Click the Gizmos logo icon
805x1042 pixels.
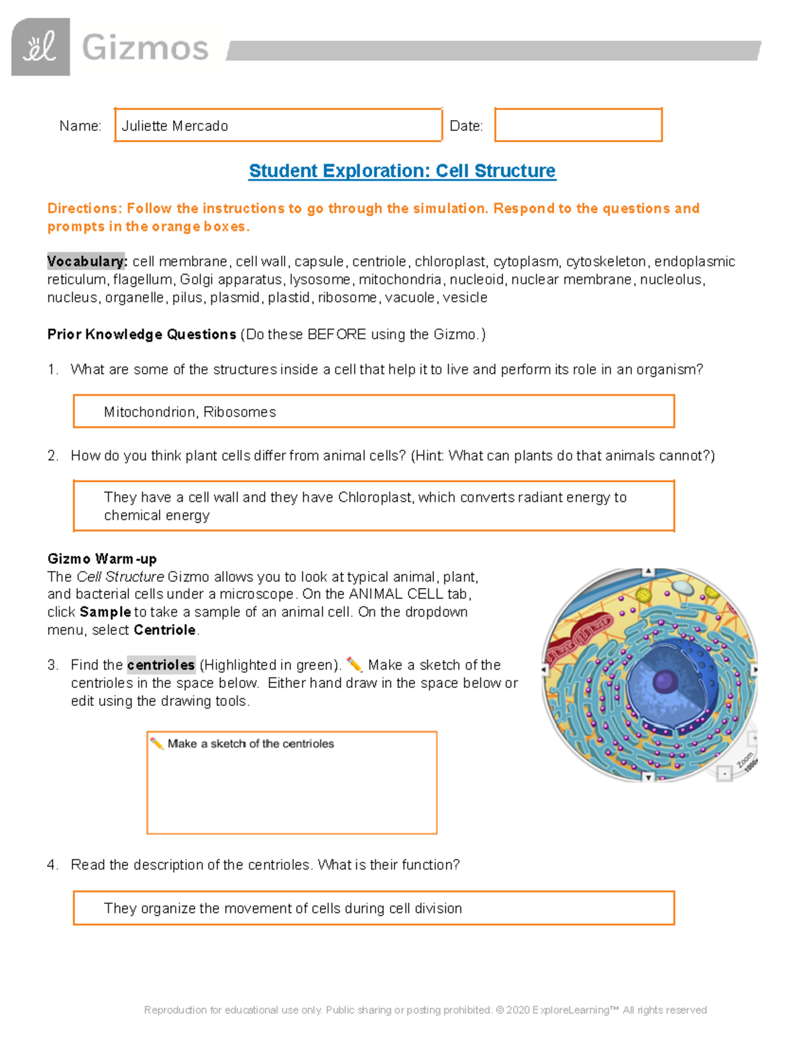pyautogui.click(x=40, y=47)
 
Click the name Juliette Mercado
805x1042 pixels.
pyautogui.click(x=174, y=126)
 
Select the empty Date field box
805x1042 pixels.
pyautogui.click(x=578, y=125)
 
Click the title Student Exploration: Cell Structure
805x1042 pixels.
pyautogui.click(x=402, y=171)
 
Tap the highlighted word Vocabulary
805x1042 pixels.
pyautogui.click(x=86, y=262)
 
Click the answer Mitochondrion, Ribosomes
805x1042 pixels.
pyautogui.click(x=190, y=412)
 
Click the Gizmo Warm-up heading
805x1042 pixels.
pyautogui.click(x=102, y=559)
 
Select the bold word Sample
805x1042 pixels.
pyautogui.click(x=105, y=612)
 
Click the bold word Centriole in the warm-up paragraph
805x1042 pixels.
pyautogui.click(x=165, y=630)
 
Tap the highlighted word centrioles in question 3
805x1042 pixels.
pyautogui.click(x=161, y=665)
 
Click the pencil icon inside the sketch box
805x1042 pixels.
pyautogui.click(x=157, y=743)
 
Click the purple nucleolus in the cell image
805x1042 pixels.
pyautogui.click(x=664, y=681)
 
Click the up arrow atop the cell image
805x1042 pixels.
pyautogui.click(x=648, y=572)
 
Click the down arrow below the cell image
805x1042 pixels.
pyautogui.click(x=648, y=777)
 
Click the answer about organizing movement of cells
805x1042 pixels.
pyautogui.click(x=282, y=908)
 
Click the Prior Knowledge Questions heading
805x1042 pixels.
pyautogui.click(x=142, y=334)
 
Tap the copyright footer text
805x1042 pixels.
pyautogui.click(x=425, y=1010)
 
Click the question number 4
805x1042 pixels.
pyautogui.click(x=52, y=865)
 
